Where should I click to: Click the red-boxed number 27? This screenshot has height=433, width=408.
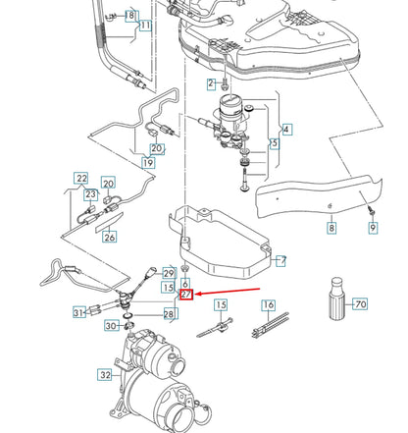(185, 294)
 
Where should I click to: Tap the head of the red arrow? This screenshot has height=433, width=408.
(196, 295)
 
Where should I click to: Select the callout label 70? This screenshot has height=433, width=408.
(360, 304)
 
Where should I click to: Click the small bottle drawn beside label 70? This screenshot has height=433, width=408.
(333, 305)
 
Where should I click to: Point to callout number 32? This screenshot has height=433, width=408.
(105, 374)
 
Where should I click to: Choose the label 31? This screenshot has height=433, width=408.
(79, 312)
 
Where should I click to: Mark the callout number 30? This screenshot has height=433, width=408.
(113, 326)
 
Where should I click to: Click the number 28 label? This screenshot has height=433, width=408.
(169, 314)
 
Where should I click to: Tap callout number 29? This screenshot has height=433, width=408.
(169, 272)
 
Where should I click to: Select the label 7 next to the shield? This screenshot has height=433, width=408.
(281, 260)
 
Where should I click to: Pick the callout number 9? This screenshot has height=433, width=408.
(372, 228)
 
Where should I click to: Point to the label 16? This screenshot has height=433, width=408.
(268, 305)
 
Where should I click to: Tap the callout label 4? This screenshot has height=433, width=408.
(286, 129)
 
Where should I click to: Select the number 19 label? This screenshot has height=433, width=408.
(148, 162)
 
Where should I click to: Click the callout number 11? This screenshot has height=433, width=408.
(144, 25)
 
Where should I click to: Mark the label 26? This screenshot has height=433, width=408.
(109, 236)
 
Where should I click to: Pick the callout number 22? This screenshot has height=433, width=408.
(82, 178)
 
